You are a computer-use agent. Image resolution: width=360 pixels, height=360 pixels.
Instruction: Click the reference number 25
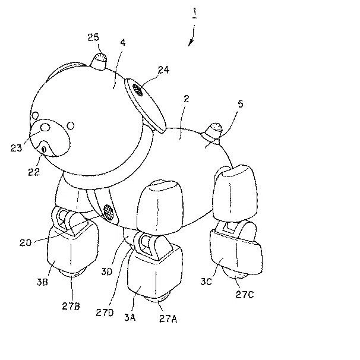pyautogui.click(x=93, y=37)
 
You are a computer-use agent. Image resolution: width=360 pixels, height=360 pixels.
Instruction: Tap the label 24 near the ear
pyautogui.click(x=163, y=70)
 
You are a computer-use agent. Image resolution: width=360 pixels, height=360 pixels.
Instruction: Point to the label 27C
pyautogui.click(x=245, y=294)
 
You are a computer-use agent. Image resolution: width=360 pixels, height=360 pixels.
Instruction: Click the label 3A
pyautogui.click(x=130, y=317)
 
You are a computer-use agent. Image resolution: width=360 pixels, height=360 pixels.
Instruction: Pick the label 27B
pyautogui.click(x=71, y=306)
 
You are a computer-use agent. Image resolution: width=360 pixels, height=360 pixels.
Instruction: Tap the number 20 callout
pyautogui.click(x=26, y=243)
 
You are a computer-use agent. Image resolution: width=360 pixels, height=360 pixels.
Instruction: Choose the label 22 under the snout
pyautogui.click(x=34, y=172)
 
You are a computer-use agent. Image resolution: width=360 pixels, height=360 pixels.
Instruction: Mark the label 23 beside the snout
pyautogui.click(x=16, y=148)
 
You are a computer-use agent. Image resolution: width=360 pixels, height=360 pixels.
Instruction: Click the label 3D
pyautogui.click(x=107, y=272)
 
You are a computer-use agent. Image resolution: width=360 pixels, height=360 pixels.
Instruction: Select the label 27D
pyautogui.click(x=105, y=312)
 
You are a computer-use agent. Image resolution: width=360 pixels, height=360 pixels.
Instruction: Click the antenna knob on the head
pyautogui.click(x=99, y=61)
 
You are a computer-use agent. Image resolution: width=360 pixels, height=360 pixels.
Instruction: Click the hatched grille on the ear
pyautogui.click(x=138, y=90)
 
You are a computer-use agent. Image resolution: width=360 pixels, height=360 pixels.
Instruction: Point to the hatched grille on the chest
pyautogui.click(x=108, y=212)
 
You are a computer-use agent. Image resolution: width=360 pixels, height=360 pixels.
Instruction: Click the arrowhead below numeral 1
pyautogui.click(x=190, y=43)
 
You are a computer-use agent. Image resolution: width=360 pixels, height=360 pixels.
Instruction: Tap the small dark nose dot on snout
pyautogui.click(x=44, y=150)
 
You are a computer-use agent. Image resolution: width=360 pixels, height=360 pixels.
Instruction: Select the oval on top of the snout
pyautogui.click(x=45, y=127)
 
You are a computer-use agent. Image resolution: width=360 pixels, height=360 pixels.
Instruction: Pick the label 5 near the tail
pyautogui.click(x=241, y=104)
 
